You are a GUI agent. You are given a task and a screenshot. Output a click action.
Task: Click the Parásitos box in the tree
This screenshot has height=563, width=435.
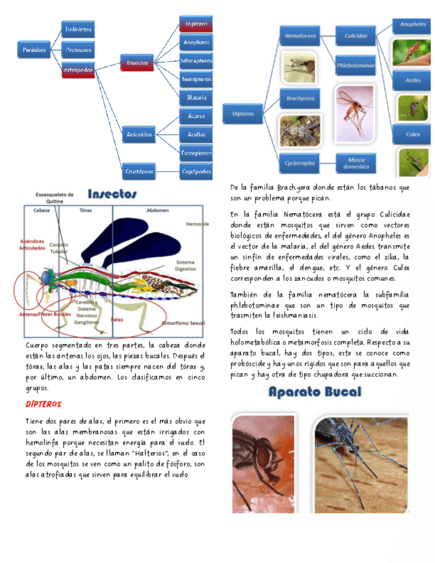[34, 49]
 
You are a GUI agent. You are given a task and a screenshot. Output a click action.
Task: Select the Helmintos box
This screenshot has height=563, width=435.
[78, 29]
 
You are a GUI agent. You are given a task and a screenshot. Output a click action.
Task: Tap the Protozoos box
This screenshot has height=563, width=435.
[78, 49]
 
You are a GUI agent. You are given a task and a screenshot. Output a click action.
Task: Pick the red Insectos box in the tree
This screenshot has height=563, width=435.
[137, 63]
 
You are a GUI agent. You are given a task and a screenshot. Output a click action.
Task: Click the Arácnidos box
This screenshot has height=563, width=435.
[139, 135]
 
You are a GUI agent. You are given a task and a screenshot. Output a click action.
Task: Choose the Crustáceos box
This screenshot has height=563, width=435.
[139, 171]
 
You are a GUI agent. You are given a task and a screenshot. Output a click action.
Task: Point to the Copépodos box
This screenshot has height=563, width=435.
[197, 171]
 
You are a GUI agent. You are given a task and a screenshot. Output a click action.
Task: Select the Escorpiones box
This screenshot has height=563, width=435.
[197, 153]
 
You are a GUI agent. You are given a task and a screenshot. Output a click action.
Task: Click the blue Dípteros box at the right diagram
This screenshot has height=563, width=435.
[243, 114]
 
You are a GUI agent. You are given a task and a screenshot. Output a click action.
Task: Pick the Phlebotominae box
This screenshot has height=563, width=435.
[355, 65]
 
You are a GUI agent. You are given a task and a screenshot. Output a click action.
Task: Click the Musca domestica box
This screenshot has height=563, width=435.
[356, 163]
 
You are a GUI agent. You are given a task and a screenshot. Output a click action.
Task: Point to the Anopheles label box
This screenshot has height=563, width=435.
[412, 25]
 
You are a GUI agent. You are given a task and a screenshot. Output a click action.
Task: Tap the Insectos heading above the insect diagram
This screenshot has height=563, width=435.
[112, 194]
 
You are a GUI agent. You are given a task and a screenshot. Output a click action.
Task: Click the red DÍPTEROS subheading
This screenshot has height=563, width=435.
[44, 404]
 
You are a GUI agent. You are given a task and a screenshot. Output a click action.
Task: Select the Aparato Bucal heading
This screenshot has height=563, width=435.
[315, 392]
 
